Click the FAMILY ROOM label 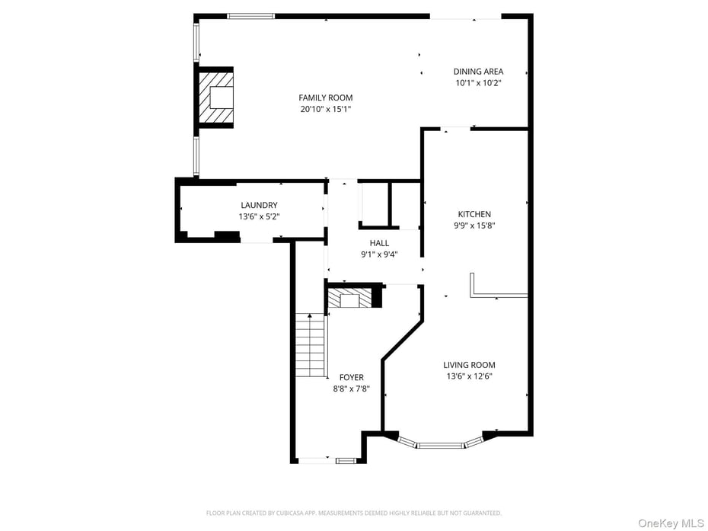(x=325, y=98)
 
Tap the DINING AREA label (x=478, y=72)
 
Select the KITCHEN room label (x=474, y=214)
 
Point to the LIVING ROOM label (x=470, y=365)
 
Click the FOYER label (x=351, y=377)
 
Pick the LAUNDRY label (x=259, y=205)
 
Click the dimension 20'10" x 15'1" (x=325, y=109)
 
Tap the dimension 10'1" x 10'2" (x=478, y=83)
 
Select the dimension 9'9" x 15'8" (x=474, y=226)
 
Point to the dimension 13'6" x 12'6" (x=470, y=376)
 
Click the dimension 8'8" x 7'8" (x=351, y=389)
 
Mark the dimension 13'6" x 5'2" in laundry (x=259, y=216)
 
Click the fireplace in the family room (x=217, y=97)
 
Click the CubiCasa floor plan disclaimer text (x=354, y=513)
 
